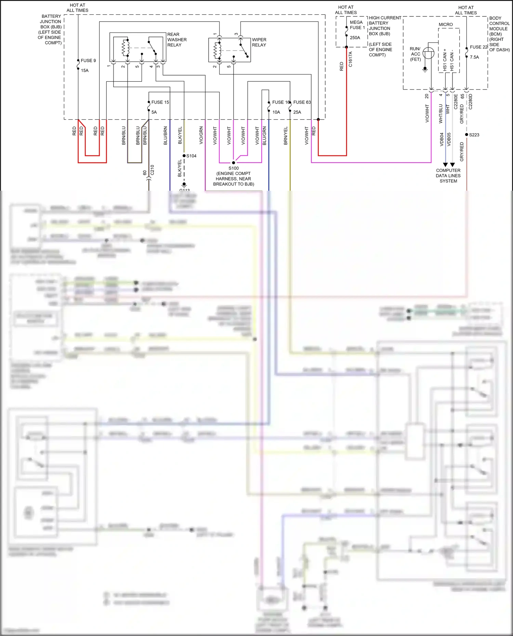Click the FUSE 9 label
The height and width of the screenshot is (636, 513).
point(88,60)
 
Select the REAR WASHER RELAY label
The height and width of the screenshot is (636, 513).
point(177,40)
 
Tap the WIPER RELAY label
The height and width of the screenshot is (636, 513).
point(259,42)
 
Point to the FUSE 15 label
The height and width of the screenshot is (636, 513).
point(160,102)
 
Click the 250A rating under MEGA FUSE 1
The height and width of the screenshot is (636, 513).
point(355,38)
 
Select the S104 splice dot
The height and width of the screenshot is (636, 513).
point(184,156)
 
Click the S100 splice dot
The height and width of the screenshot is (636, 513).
point(234,163)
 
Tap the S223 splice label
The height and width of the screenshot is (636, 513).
point(474,135)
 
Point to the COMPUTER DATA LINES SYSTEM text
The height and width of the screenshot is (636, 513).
point(448,176)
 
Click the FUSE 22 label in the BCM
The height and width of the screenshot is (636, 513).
point(478,47)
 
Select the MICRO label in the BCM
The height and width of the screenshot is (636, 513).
point(446,25)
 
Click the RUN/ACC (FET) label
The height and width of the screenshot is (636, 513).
point(415,54)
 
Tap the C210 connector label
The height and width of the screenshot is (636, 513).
point(152,170)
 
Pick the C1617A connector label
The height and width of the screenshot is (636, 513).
point(350,59)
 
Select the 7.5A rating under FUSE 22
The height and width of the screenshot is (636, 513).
point(474,57)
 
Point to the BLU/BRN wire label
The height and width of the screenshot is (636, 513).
point(166,136)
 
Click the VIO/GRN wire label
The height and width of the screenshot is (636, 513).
point(201,135)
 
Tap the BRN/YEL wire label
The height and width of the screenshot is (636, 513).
point(286,136)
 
